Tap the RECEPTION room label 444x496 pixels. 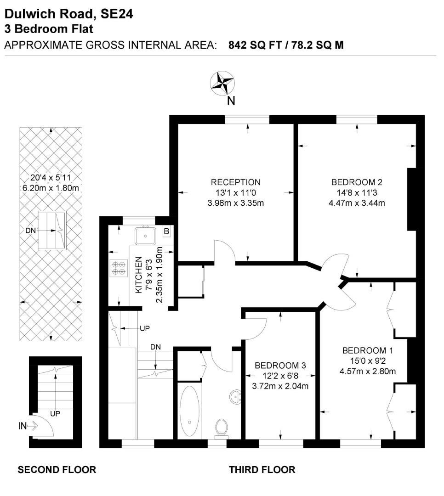(235, 182)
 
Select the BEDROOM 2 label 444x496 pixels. (357, 182)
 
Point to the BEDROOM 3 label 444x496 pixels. (280, 366)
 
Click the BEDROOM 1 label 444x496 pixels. (368, 351)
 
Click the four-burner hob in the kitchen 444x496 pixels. (119, 268)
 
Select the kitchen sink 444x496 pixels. (145, 236)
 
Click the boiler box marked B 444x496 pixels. (166, 231)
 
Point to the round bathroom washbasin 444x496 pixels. (236, 395)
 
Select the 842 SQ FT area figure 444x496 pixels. (251, 45)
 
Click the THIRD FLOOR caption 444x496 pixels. (262, 470)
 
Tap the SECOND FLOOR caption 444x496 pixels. (57, 470)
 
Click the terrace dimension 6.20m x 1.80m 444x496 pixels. (51, 188)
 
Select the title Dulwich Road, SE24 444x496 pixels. (69, 14)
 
